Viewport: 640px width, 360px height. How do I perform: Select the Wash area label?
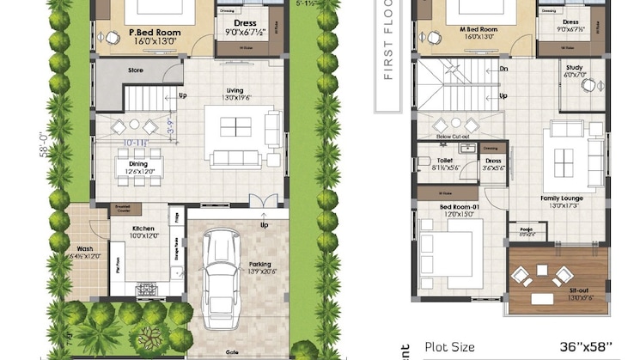84,249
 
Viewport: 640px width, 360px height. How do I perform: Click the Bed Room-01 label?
456,207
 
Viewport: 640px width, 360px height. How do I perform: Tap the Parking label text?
260,264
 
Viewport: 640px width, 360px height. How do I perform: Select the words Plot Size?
450,347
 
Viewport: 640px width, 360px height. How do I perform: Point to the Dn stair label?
503,70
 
